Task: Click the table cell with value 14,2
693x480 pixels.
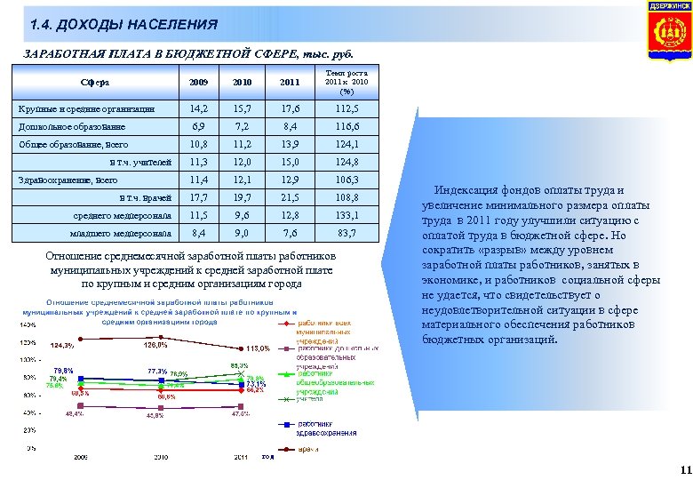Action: [200, 108]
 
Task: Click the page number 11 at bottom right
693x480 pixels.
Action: [683, 469]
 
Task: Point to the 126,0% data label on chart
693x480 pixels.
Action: [155, 345]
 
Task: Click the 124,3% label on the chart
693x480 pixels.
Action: [62, 346]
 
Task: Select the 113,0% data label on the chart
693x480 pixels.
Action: [259, 348]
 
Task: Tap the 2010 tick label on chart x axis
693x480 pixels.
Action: [161, 457]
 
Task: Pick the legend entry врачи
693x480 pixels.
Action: [308, 451]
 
